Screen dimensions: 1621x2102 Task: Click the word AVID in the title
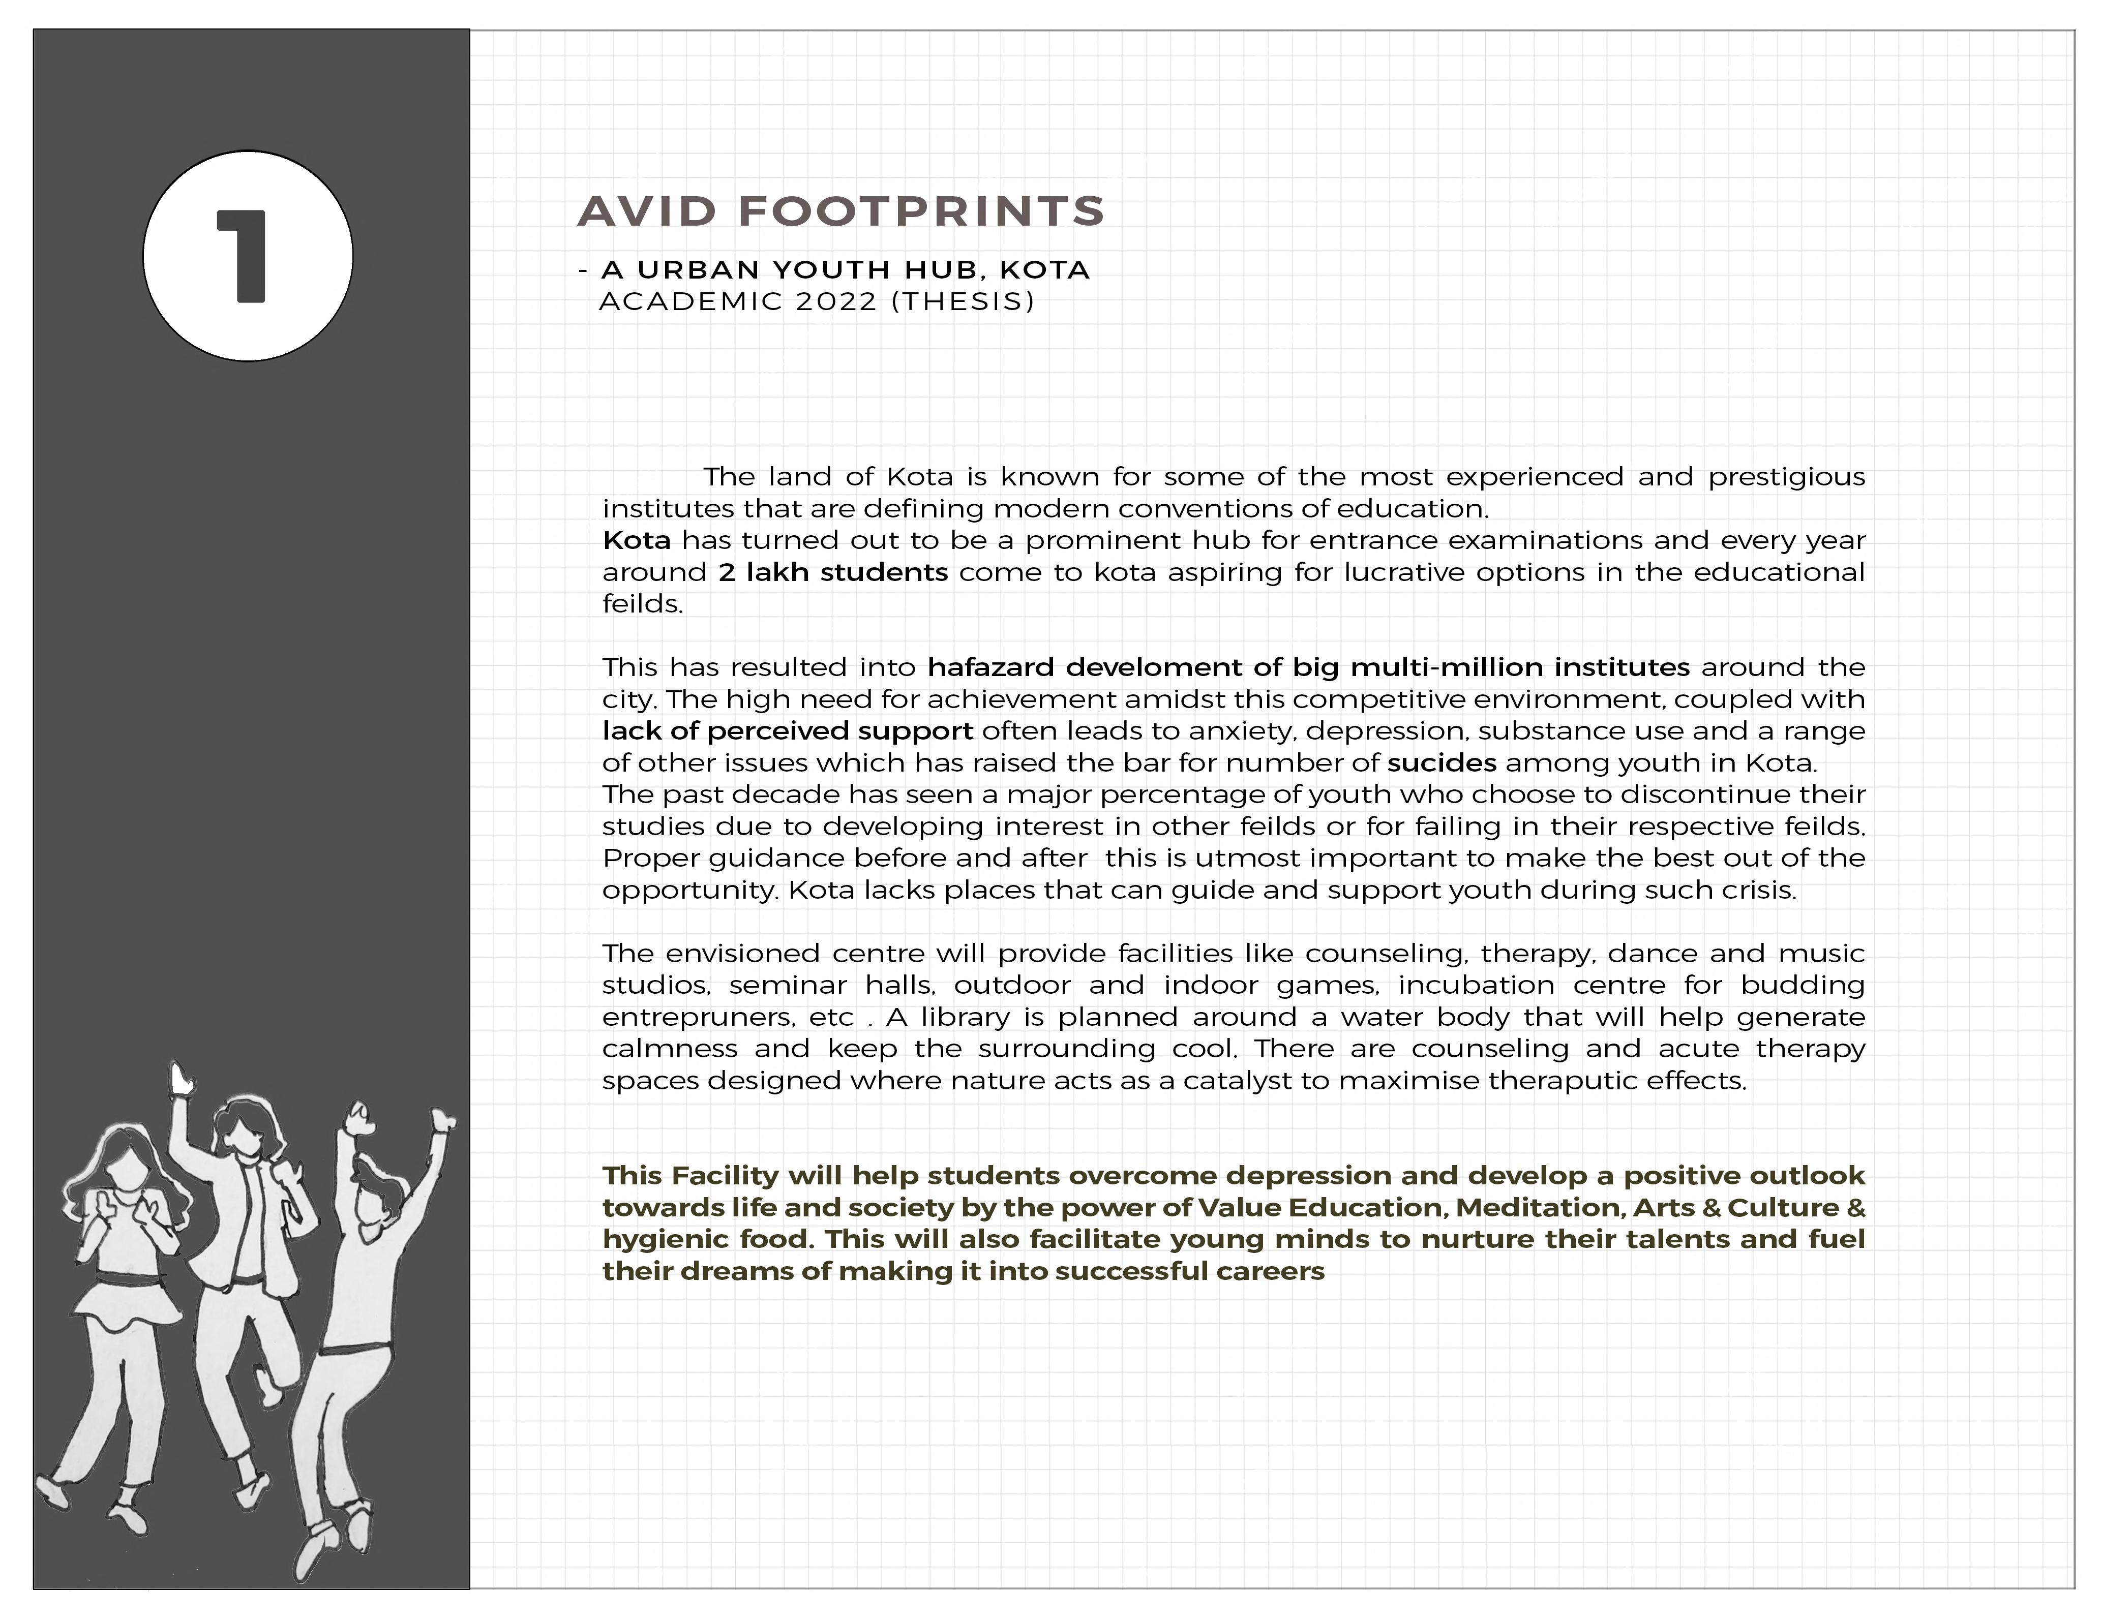point(648,211)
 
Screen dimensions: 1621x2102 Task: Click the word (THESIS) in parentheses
point(963,302)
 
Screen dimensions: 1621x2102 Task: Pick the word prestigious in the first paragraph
point(1786,477)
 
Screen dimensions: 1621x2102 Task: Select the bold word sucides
point(1441,763)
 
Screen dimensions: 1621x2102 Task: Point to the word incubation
point(1476,985)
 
